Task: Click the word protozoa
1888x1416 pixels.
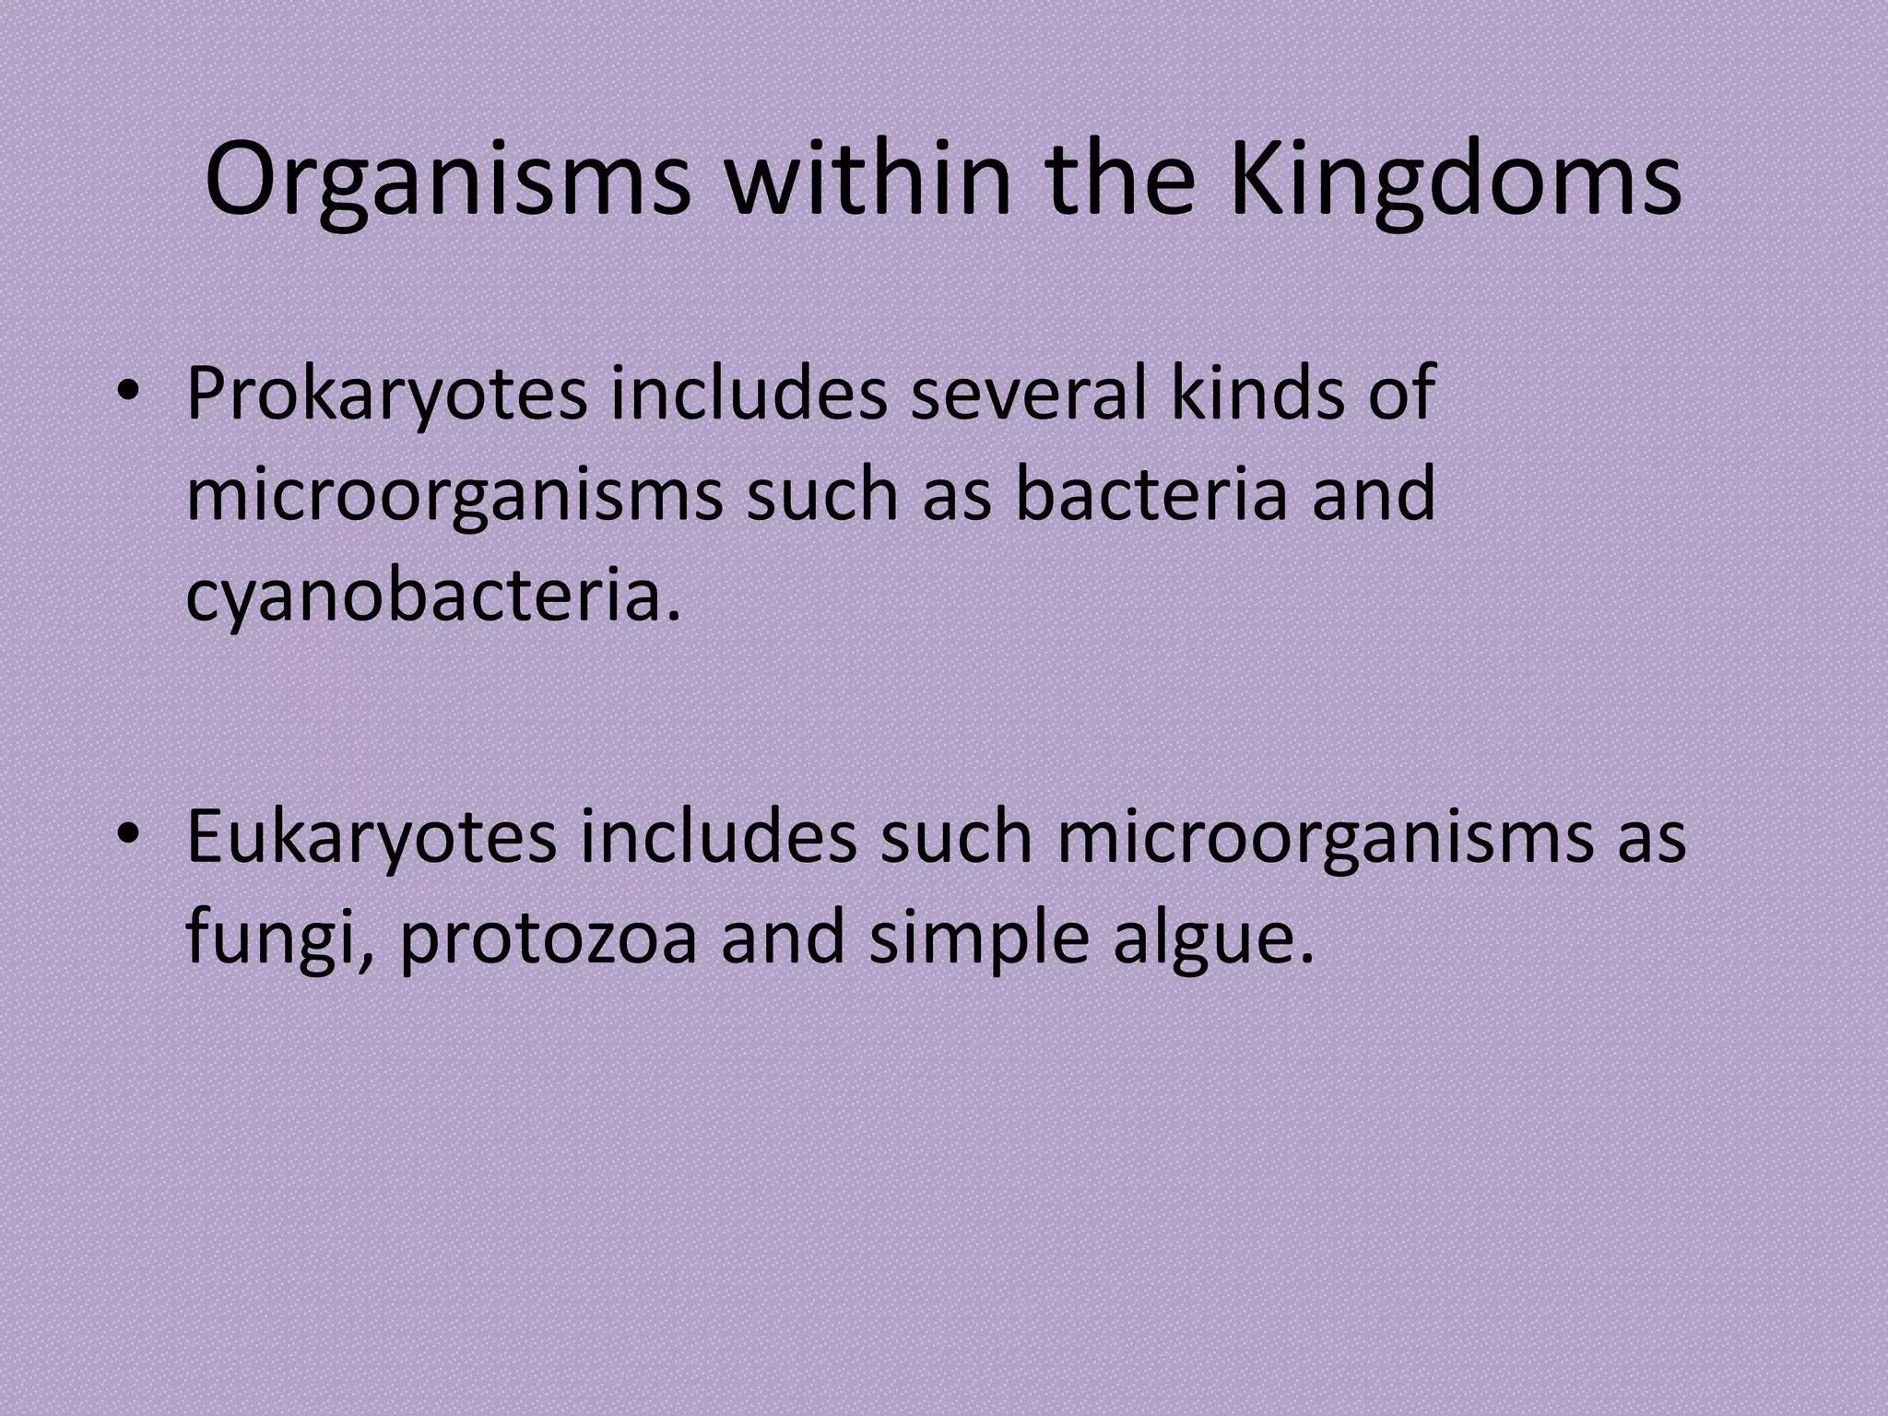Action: click(549, 940)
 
